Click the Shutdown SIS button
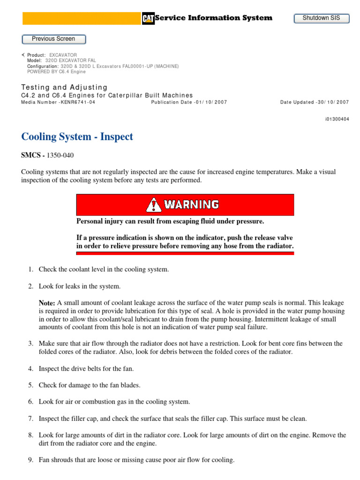322,18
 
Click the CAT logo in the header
148,18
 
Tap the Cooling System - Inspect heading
77,137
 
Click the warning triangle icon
153,204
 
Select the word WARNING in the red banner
191,204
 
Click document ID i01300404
337,119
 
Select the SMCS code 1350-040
60,155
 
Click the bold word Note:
47,303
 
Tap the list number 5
30,385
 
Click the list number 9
30,460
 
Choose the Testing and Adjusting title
64,87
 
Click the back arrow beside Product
23,55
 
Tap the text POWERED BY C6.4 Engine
56,72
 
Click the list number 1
30,270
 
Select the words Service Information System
213,18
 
